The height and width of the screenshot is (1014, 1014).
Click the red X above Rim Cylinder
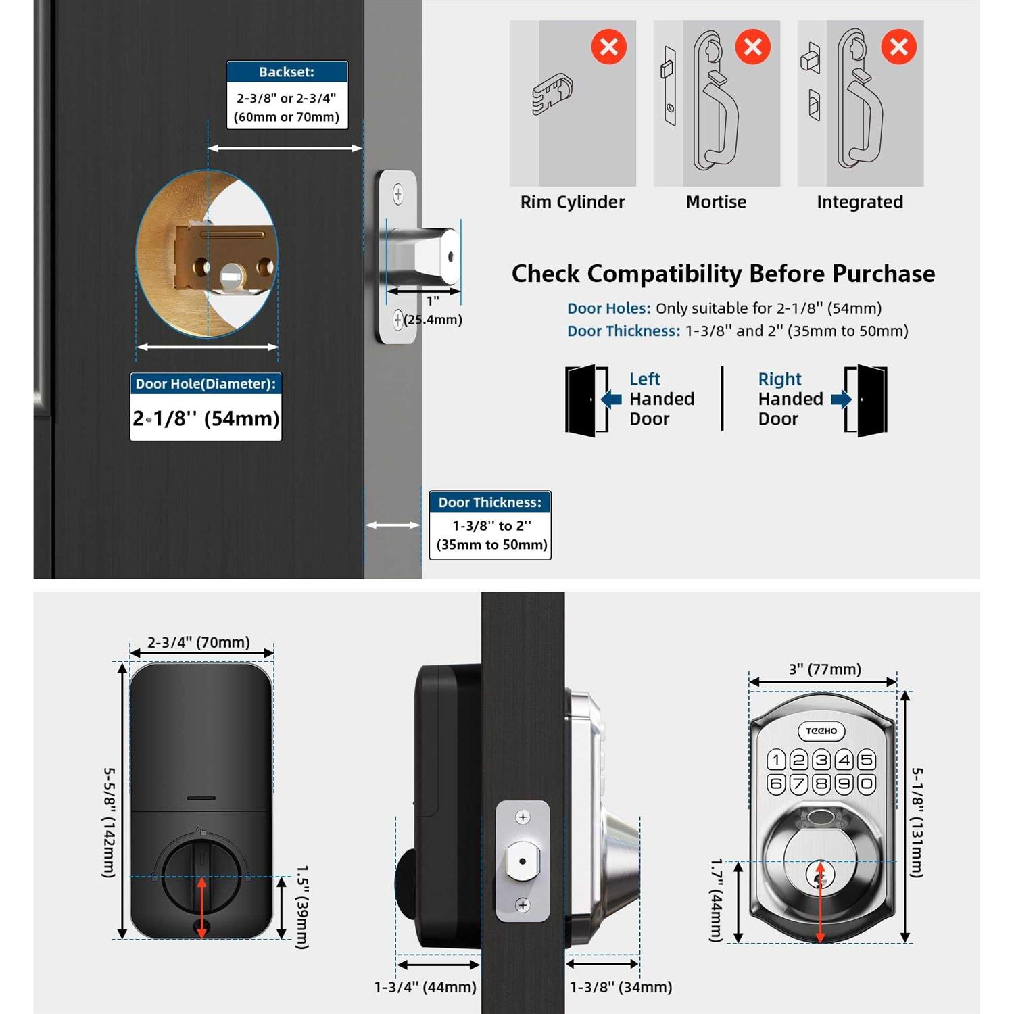(608, 47)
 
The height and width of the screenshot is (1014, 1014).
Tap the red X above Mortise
(752, 47)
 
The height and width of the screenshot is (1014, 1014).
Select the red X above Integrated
(898, 47)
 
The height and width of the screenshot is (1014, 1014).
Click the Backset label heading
(287, 72)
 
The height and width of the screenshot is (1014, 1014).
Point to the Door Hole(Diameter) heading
(206, 384)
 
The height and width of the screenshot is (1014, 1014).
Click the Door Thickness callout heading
(490, 502)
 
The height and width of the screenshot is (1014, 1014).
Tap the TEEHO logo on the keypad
(821, 731)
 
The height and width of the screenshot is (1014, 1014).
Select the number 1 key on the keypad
(776, 760)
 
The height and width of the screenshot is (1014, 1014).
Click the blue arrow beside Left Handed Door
(612, 399)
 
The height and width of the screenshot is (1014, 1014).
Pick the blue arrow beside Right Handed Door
(840, 399)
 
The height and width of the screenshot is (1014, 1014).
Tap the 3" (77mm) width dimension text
(825, 669)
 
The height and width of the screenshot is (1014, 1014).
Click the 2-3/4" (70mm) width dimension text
(199, 642)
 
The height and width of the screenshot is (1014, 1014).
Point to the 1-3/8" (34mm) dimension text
(621, 987)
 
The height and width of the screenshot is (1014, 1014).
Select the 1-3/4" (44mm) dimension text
(425, 987)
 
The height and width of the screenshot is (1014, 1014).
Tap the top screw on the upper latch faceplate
(398, 195)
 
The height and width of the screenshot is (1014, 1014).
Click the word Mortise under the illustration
(716, 202)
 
